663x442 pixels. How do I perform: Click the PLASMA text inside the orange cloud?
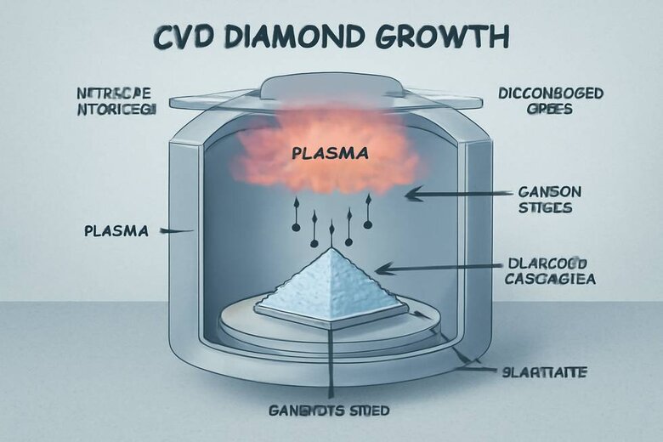pyautogui.click(x=329, y=155)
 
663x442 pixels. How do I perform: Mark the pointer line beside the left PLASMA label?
pyautogui.click(x=179, y=230)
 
